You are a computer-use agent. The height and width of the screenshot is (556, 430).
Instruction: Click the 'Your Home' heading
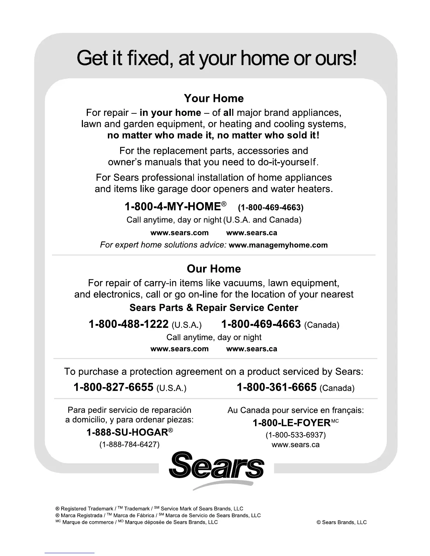point(214,99)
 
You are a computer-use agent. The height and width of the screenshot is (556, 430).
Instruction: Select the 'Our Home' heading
point(214,269)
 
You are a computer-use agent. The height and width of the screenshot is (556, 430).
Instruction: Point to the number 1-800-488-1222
point(129,324)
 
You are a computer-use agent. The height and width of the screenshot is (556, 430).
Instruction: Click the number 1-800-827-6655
point(113,387)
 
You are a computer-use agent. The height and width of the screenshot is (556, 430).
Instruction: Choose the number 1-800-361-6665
point(277,387)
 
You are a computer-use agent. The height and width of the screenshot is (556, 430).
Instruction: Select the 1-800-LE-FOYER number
point(292,423)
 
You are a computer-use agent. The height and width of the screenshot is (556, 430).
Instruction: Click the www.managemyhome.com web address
point(278,245)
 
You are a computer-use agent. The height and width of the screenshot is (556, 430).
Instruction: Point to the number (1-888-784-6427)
point(130,445)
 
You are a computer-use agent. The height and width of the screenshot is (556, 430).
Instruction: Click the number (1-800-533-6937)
point(295,435)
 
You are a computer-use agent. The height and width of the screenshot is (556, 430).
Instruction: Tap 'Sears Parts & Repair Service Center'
point(214,308)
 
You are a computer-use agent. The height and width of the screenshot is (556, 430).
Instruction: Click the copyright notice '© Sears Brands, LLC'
point(341,522)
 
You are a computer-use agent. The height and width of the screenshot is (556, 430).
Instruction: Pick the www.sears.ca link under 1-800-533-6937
point(295,445)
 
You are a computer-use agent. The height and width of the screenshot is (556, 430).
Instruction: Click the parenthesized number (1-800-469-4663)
point(271,207)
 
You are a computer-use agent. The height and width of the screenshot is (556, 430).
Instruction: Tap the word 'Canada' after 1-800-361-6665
point(337,388)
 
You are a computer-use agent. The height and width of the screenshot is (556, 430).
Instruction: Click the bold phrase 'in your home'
point(170,113)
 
